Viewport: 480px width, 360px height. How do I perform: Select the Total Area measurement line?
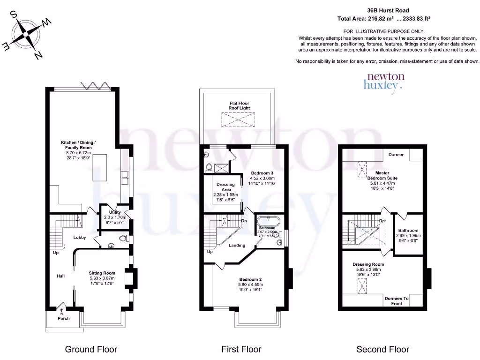click(x=384, y=19)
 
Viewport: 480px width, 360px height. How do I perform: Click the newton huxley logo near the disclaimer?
click(x=384, y=81)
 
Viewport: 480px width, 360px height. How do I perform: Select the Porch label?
click(x=63, y=318)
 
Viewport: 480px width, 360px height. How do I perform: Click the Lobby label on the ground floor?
click(x=79, y=238)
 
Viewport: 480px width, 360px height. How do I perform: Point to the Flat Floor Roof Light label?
click(x=239, y=105)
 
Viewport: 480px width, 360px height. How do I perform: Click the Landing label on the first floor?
click(x=237, y=245)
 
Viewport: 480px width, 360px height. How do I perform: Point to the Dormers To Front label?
click(x=396, y=301)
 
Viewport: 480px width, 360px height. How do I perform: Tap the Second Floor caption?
click(x=382, y=349)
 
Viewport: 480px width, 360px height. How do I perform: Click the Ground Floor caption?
click(x=91, y=349)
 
